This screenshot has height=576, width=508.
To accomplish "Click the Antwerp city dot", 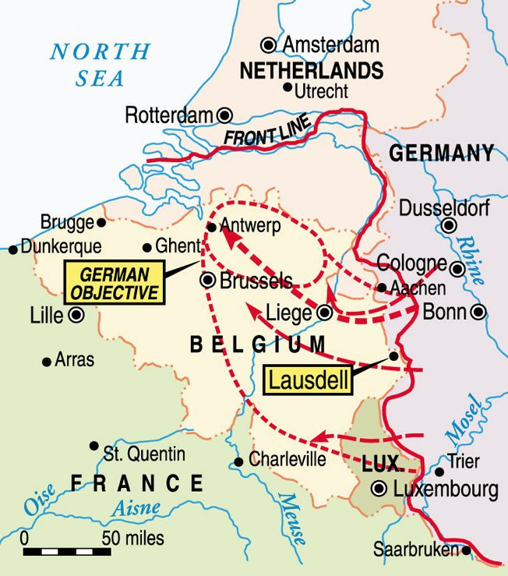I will coord(211,228).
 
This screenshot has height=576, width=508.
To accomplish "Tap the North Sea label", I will coord(100,65).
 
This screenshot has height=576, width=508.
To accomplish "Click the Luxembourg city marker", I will coord(379,489).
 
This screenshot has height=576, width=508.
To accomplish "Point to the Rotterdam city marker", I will coord(225,115).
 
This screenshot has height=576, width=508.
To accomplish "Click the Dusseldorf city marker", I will coord(449,227).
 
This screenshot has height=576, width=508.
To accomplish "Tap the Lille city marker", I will coord(76,315).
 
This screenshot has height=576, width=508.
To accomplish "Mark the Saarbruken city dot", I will coord(466,549).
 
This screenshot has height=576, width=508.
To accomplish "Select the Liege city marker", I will coord(325,313).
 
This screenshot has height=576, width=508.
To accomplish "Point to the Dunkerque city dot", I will coord(12,249).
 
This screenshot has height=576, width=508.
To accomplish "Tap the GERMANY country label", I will coord(442,153).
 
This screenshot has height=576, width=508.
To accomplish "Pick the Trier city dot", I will coord(439,472).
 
